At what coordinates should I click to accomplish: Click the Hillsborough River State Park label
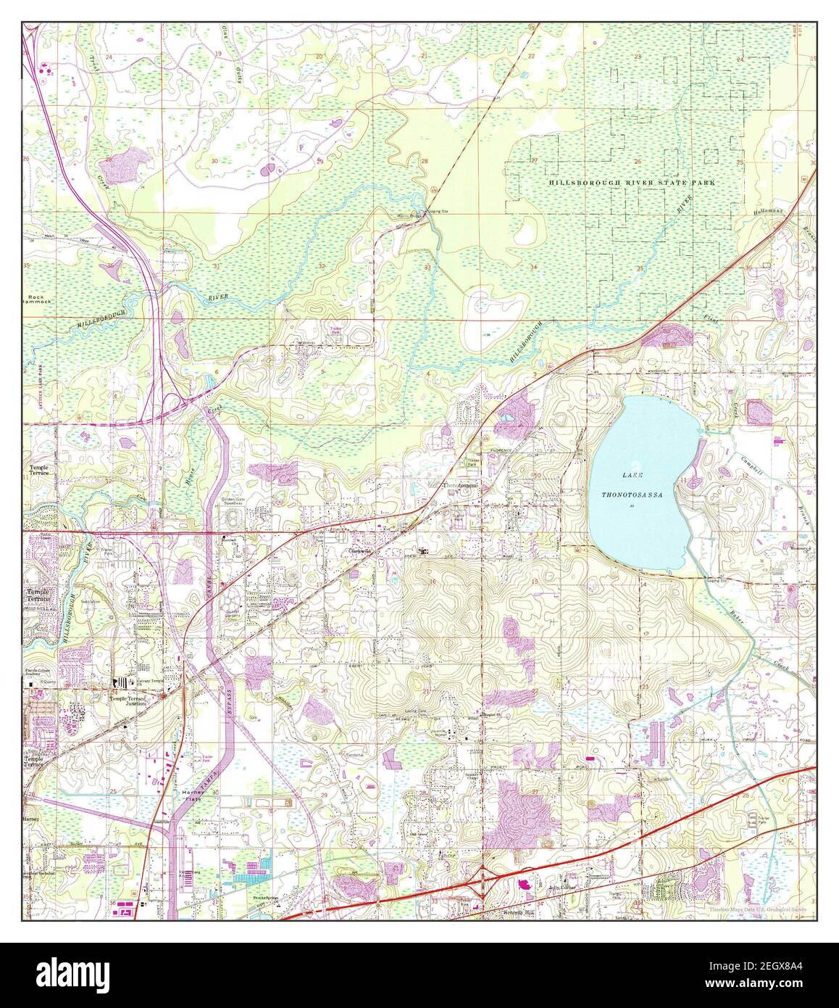tap(631, 183)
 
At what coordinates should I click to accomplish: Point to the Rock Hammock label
tap(36, 300)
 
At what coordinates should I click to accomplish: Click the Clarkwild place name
tap(354, 553)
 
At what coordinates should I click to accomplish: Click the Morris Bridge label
tap(408, 216)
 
